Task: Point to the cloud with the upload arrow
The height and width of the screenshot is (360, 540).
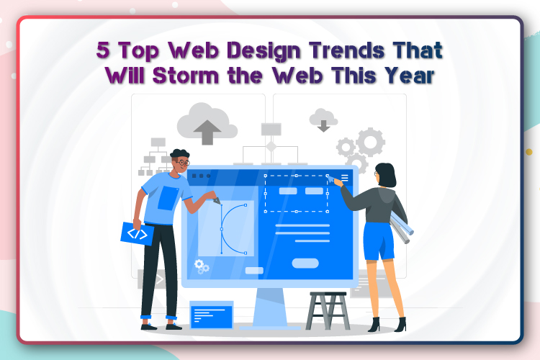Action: (x=207, y=123)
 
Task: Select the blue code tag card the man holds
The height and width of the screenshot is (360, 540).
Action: (x=138, y=233)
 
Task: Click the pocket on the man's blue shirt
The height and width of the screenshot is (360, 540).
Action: (x=166, y=197)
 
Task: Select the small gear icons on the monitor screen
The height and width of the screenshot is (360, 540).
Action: (x=202, y=267)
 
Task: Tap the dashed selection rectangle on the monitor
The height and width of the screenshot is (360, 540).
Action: (x=296, y=193)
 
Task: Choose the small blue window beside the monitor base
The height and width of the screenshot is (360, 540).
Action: (x=211, y=314)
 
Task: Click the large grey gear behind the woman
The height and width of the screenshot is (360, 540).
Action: (x=370, y=142)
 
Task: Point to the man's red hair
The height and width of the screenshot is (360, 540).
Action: (x=180, y=154)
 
